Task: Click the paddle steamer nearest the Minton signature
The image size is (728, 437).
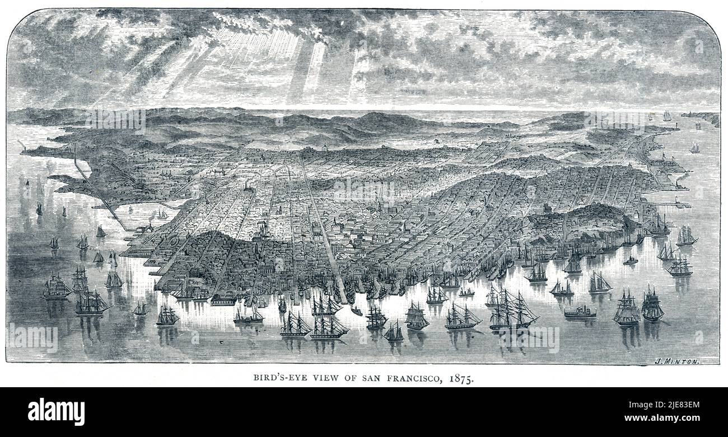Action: tap(580, 312)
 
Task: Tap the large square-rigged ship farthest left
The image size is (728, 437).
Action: tap(56, 286)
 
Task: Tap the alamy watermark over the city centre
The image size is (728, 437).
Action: tap(364, 190)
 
